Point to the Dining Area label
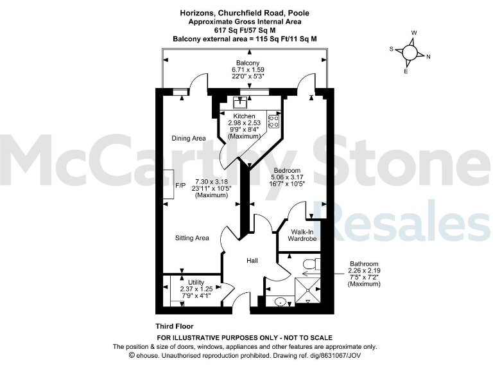click(x=188, y=138)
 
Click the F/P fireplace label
click(x=180, y=184)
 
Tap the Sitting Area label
click(x=192, y=238)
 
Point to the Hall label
click(x=252, y=261)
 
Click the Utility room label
click(x=196, y=282)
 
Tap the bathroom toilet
click(x=310, y=263)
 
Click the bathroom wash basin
click(x=280, y=302)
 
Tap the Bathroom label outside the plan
click(x=364, y=264)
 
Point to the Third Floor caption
click(x=174, y=326)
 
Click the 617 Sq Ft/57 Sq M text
click(x=246, y=30)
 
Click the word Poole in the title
click(x=308, y=12)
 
